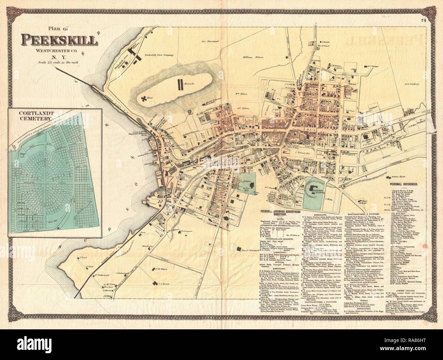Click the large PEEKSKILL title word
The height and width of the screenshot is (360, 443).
click(60, 40)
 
